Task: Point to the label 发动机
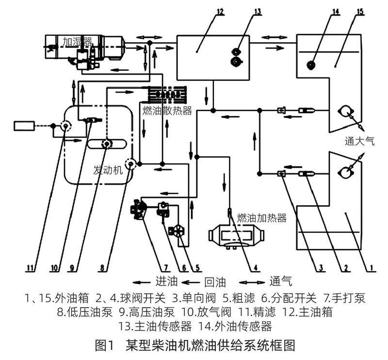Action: [108, 171]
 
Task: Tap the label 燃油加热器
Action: [262, 218]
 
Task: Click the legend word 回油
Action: [214, 281]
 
